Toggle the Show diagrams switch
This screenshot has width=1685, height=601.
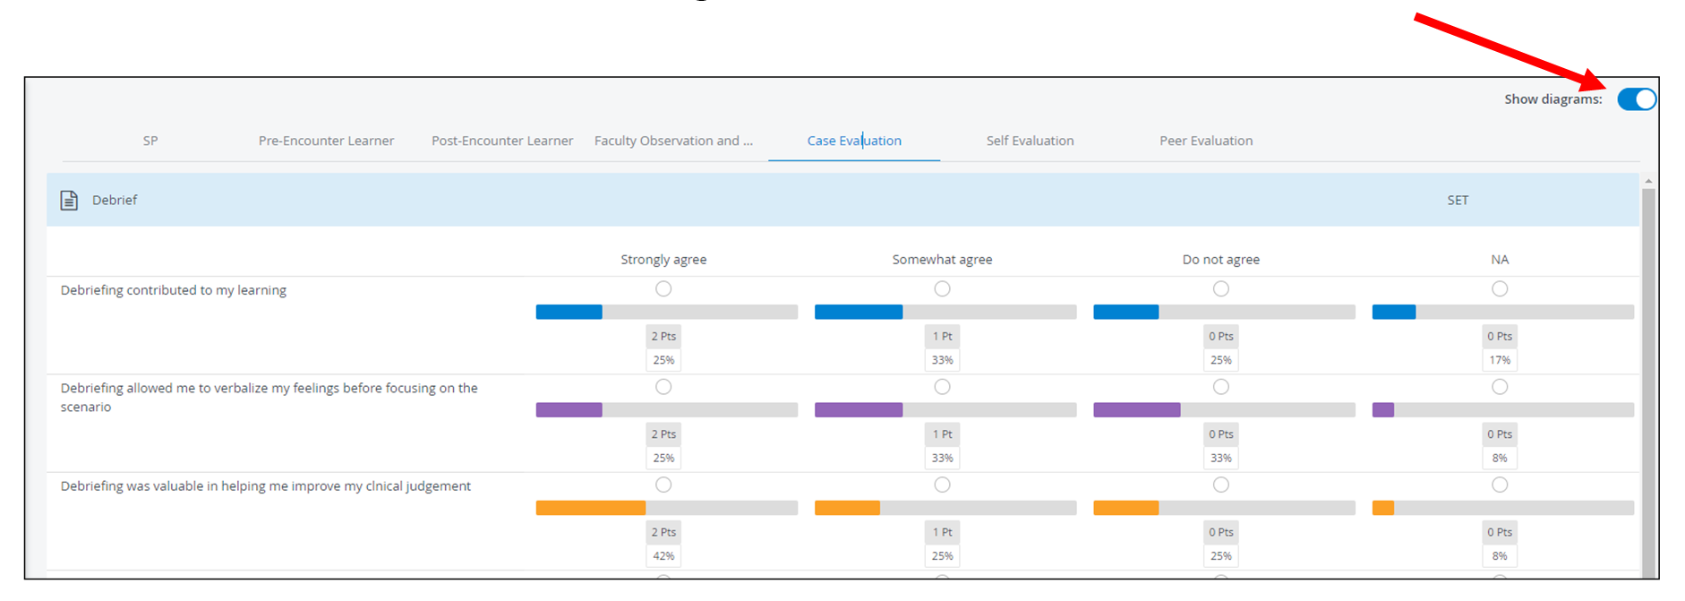pyautogui.click(x=1637, y=99)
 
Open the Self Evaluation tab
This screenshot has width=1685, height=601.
pyautogui.click(x=1030, y=141)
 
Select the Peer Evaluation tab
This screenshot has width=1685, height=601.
pyautogui.click(x=1206, y=141)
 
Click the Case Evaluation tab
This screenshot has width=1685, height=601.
pyautogui.click(x=854, y=141)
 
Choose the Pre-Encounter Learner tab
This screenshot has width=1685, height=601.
pyautogui.click(x=326, y=141)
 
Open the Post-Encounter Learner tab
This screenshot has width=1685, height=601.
pyautogui.click(x=502, y=141)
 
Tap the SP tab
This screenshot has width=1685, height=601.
pyautogui.click(x=150, y=141)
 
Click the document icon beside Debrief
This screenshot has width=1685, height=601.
pyautogui.click(x=69, y=200)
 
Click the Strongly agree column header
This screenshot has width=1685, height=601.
pyautogui.click(x=663, y=260)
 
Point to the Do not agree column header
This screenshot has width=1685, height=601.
pyautogui.click(x=1221, y=260)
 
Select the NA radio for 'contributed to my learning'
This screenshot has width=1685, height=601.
pyautogui.click(x=1500, y=288)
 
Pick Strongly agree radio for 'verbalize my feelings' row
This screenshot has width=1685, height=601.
pyautogui.click(x=663, y=387)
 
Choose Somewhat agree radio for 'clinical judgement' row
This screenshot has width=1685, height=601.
pyautogui.click(x=942, y=485)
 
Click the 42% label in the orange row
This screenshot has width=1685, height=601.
pyautogui.click(x=663, y=556)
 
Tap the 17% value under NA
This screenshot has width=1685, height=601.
pyautogui.click(x=1500, y=360)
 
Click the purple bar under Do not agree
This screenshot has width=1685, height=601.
pyautogui.click(x=1137, y=410)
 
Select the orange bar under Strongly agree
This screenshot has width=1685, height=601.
pyautogui.click(x=591, y=508)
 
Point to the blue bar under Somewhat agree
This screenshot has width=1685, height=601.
pyautogui.click(x=859, y=312)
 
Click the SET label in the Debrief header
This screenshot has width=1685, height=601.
pyautogui.click(x=1458, y=201)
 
